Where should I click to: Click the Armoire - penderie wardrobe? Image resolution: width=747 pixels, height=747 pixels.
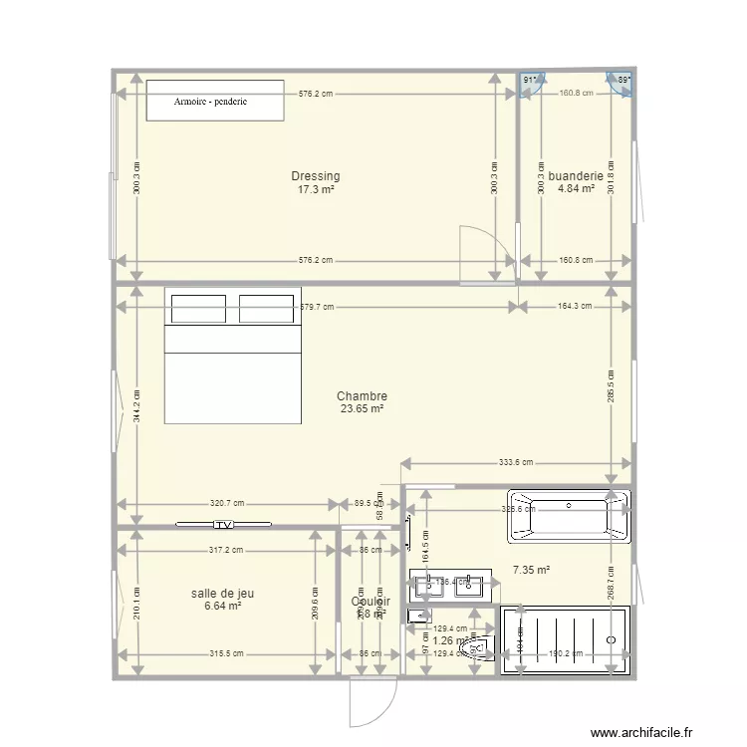tap(216, 101)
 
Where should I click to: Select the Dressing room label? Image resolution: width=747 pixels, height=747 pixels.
tap(315, 176)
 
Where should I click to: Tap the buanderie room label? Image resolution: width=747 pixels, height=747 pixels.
tap(576, 176)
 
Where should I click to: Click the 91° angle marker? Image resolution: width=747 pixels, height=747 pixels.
tap(530, 81)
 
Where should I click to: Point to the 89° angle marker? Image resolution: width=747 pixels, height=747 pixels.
tap(622, 81)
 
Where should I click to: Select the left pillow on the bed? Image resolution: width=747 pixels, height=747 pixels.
tap(198, 309)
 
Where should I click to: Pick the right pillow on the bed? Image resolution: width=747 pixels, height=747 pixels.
tap(266, 309)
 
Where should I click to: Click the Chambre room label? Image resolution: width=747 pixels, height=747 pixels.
tap(362, 396)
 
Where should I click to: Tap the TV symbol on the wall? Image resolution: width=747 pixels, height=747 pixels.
tap(224, 524)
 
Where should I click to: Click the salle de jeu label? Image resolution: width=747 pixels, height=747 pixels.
tap(222, 593)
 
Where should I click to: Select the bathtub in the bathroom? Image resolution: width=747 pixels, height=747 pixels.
tap(569, 516)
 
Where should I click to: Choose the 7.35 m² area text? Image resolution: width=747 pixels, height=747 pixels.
tap(530, 571)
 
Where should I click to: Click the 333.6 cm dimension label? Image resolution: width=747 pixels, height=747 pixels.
tap(515, 462)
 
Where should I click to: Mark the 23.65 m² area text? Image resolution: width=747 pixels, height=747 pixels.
tap(362, 409)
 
